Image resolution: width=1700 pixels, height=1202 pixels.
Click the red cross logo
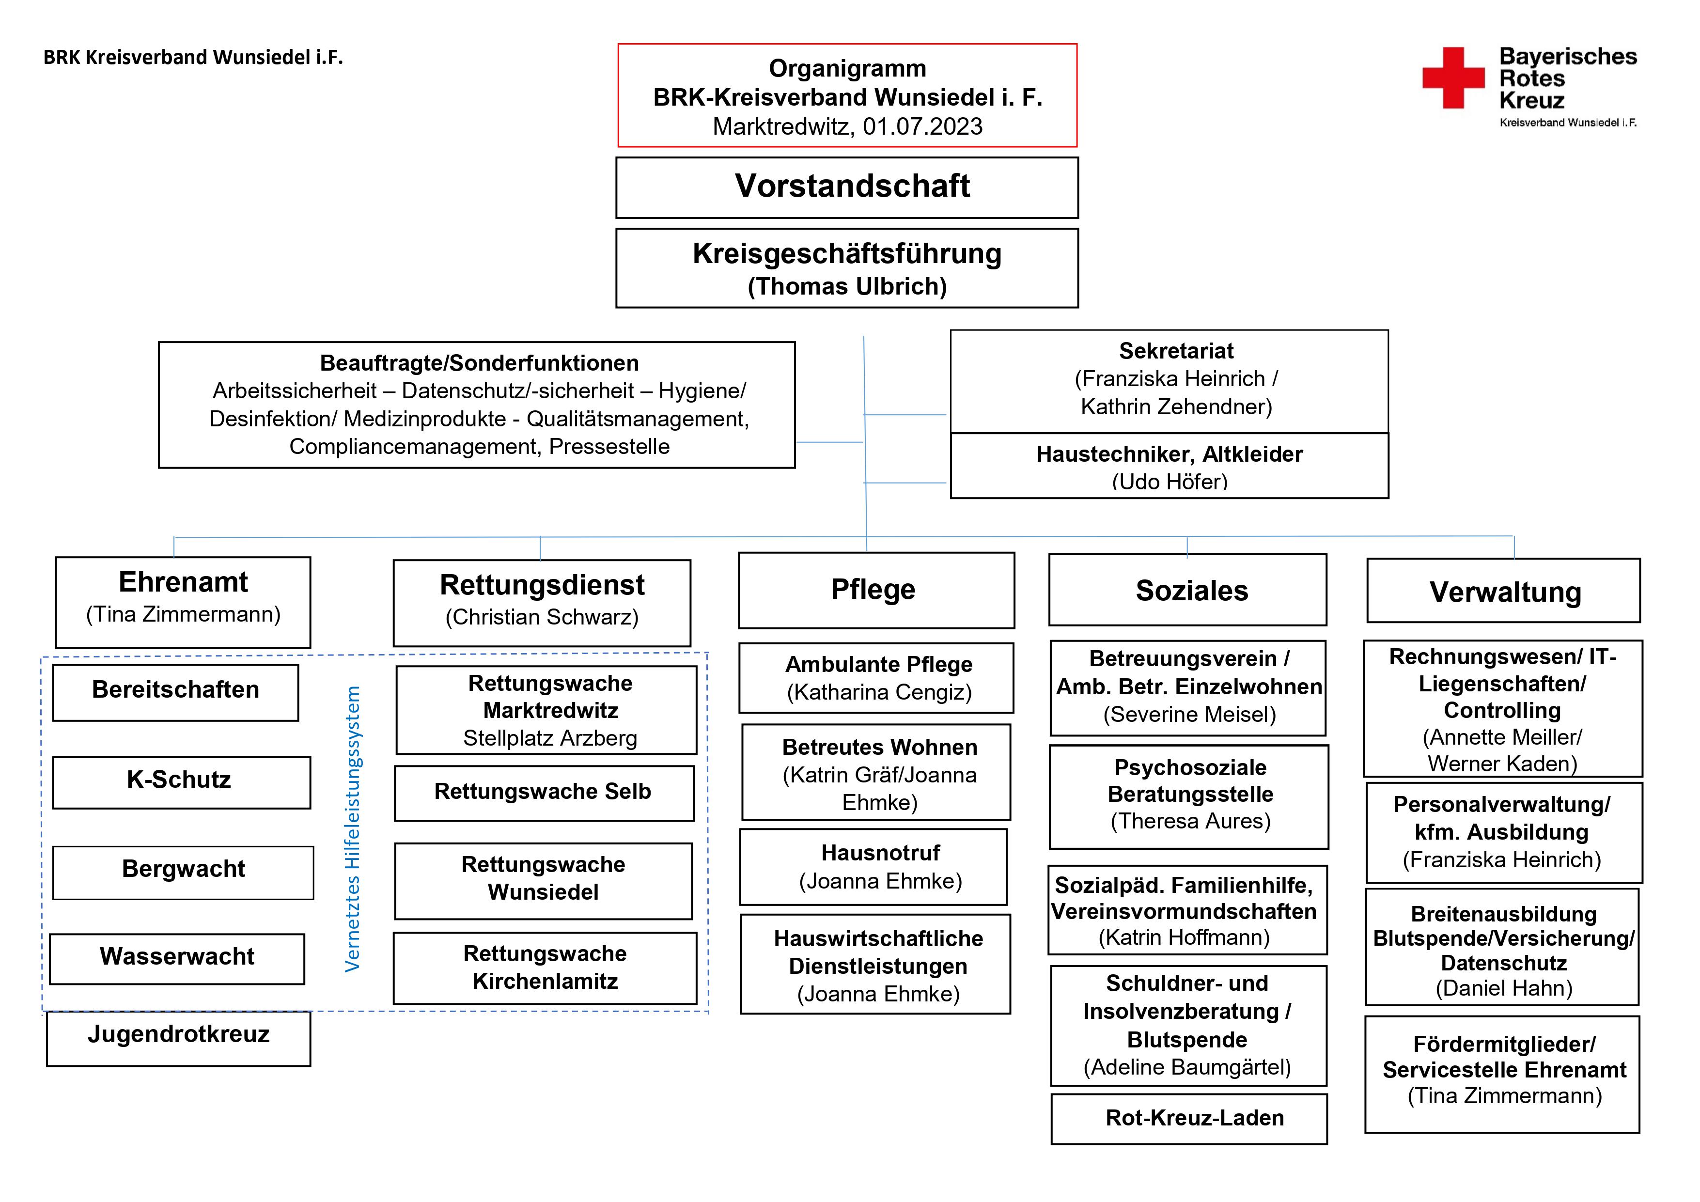[1453, 78]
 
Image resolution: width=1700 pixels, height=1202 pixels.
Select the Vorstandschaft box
[847, 187]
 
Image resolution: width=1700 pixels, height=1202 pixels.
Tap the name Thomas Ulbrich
[847, 287]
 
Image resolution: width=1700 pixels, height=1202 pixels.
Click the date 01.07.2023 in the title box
[922, 126]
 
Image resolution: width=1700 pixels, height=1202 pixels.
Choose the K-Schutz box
[181, 782]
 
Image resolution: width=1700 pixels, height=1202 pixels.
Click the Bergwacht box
[183, 873]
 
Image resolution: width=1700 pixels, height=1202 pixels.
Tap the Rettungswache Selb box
[544, 793]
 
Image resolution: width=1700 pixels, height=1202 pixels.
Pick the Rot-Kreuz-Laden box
[1189, 1118]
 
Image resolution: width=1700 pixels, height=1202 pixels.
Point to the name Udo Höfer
[1170, 482]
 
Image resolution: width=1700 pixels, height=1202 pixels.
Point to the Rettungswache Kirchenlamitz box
[545, 968]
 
